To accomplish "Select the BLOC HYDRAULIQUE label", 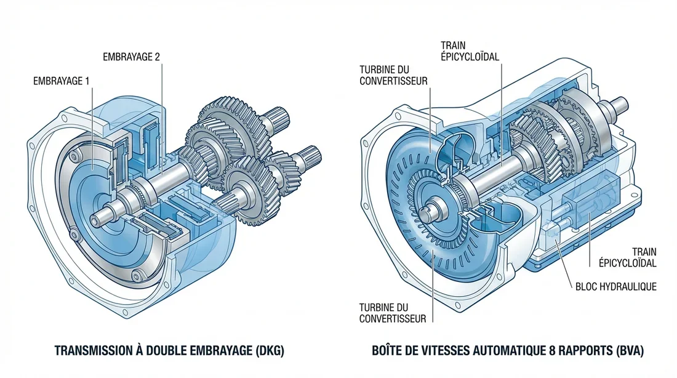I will pyautogui.click(x=616, y=286).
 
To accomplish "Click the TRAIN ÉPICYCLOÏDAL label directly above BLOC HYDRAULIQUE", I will pyautogui.click(x=628, y=257).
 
